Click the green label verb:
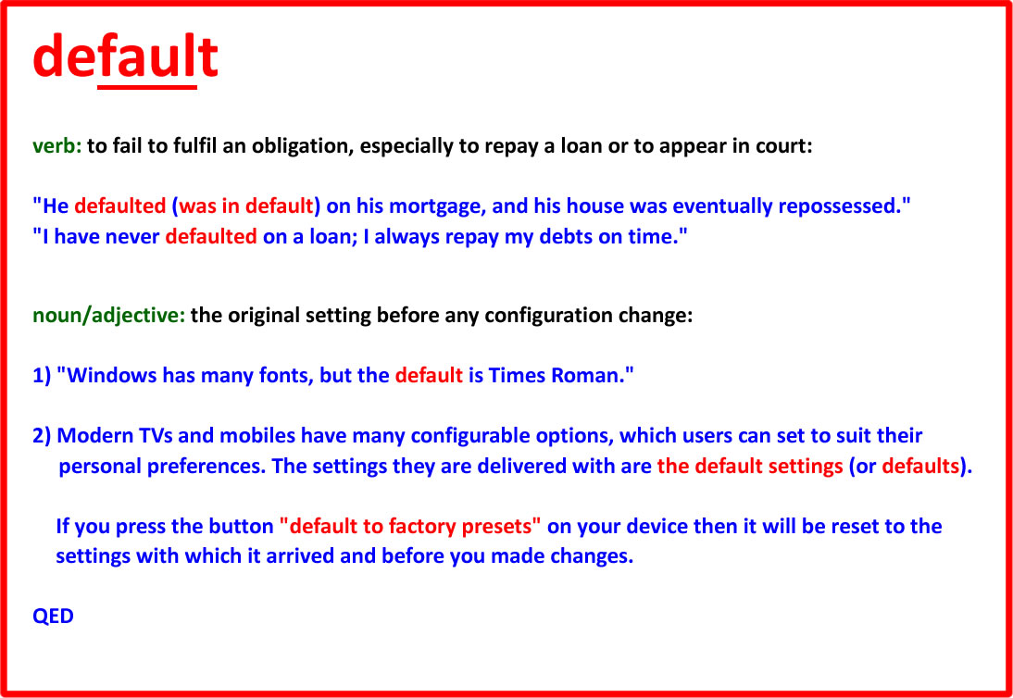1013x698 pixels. [x=57, y=146]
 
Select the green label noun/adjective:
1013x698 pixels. [x=109, y=317]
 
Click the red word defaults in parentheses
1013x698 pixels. [x=920, y=467]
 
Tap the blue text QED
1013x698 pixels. [x=53, y=616]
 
